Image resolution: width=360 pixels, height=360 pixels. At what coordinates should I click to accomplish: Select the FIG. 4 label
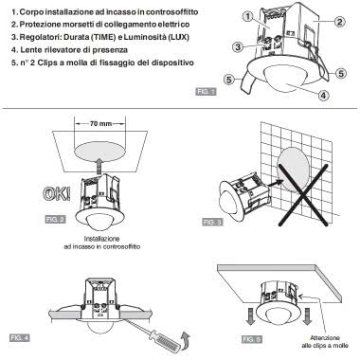point(20,336)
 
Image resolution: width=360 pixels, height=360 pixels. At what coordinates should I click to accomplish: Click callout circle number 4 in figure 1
point(326,95)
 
